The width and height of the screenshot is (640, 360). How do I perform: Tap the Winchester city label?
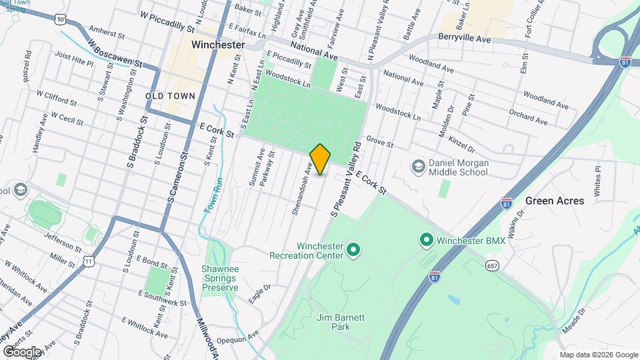pos(218,45)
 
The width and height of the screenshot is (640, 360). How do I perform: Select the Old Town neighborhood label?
pos(171,96)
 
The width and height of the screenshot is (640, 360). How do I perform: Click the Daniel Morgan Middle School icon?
pos(419,165)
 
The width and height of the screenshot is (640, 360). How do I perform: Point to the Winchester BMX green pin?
pos(425,239)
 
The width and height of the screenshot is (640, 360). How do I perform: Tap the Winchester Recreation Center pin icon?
pos(354,251)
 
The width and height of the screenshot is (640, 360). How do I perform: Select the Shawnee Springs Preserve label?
pos(220,278)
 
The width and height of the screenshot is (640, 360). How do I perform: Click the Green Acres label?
pos(555,201)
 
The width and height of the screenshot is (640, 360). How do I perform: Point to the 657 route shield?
pos(491,265)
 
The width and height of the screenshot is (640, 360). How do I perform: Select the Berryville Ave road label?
pos(465,40)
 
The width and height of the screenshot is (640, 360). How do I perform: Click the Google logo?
pos(22,351)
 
